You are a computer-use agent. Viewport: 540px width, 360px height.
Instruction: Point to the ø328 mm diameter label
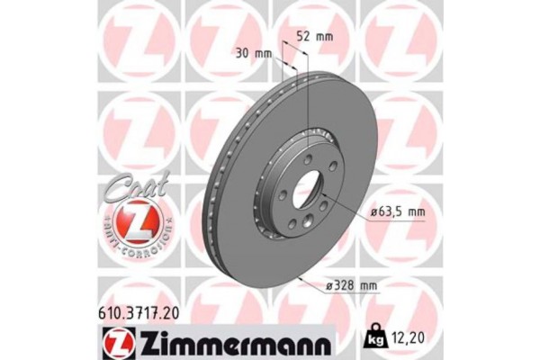(x=349, y=285)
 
